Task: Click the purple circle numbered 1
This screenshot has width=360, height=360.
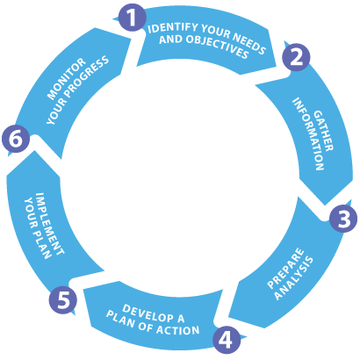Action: pyautogui.click(x=133, y=18)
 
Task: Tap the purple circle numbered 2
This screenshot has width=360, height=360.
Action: pyautogui.click(x=297, y=56)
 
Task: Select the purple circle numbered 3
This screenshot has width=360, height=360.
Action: pyautogui.click(x=343, y=219)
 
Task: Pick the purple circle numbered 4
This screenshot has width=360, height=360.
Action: pyautogui.click(x=227, y=340)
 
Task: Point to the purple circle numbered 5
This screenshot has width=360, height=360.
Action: pyautogui.click(x=63, y=299)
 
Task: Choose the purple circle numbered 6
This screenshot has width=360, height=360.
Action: pyautogui.click(x=16, y=139)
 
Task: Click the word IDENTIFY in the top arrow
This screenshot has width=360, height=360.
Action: pyautogui.click(x=172, y=27)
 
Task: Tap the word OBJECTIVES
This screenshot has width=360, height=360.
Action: pyautogui.click(x=217, y=47)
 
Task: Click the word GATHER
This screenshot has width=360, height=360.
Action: pyautogui.click(x=324, y=131)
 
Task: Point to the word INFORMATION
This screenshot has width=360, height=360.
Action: pyautogui.click(x=308, y=134)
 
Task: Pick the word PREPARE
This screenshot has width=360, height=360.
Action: pyautogui.click(x=285, y=269)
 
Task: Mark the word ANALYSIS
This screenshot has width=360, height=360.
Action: pyautogui.click(x=294, y=278)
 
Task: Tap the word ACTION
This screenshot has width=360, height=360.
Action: pyautogui.click(x=177, y=330)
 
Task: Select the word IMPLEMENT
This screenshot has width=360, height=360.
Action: pyautogui.click(x=49, y=223)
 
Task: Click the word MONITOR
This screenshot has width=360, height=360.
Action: pyautogui.click(x=66, y=79)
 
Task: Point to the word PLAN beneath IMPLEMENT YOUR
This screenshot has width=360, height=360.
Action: pyautogui.click(x=42, y=245)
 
